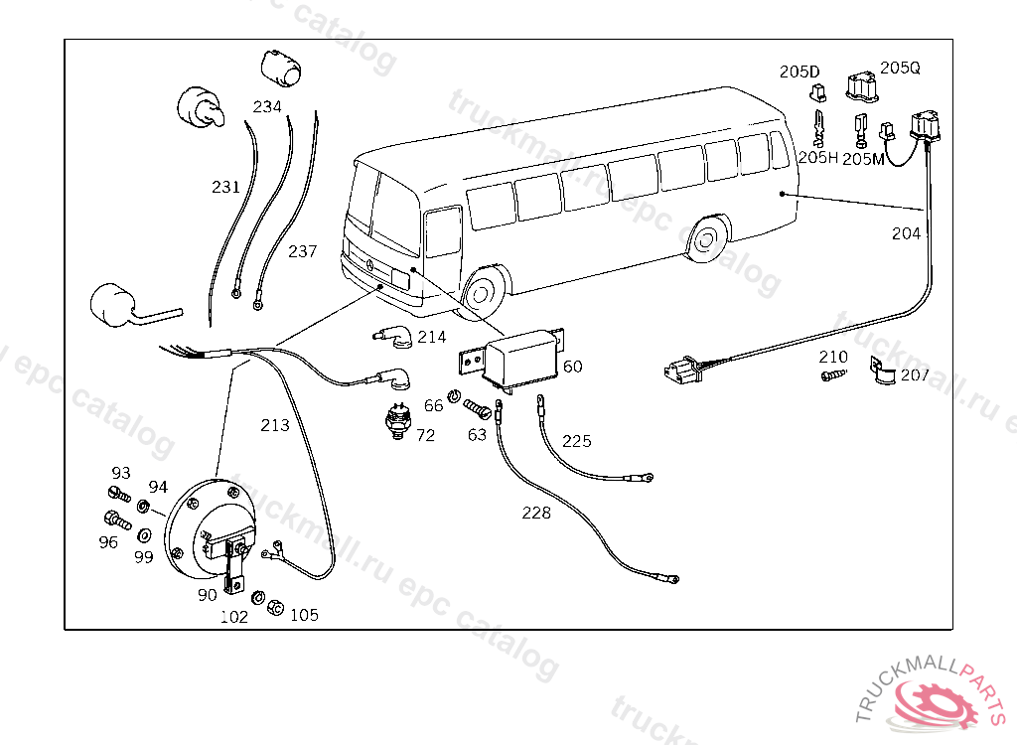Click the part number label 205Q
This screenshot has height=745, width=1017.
900,68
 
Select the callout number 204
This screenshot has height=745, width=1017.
906,233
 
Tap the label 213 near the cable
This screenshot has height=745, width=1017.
275,425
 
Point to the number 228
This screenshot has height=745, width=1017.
536,513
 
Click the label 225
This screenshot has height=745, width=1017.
576,440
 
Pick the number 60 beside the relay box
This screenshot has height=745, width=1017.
573,367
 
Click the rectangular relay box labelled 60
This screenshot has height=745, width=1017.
519,356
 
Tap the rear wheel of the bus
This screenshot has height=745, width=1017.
706,239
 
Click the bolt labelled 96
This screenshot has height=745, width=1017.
114,519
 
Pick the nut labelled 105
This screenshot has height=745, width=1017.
277,605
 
